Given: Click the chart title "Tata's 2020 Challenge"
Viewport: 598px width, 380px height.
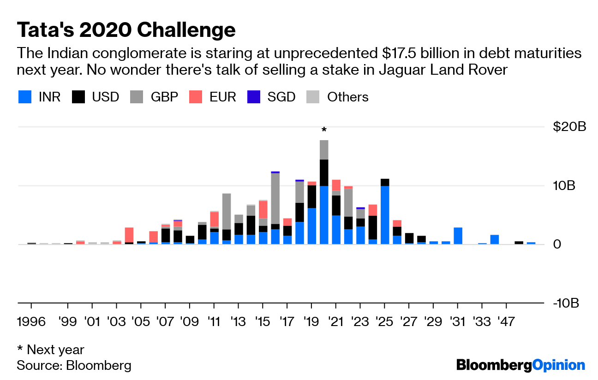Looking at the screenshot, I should coord(126,30).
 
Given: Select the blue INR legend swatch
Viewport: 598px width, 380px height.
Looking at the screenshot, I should coord(25,97).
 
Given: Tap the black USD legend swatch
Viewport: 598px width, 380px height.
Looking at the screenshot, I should coord(78,97).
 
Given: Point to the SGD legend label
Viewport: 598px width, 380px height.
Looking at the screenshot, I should coord(281,97).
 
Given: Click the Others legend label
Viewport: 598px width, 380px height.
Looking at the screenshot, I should coord(347,97).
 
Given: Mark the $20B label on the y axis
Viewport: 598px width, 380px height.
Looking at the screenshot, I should coord(569,126).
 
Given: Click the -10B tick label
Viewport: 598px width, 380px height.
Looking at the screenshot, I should coord(566,303).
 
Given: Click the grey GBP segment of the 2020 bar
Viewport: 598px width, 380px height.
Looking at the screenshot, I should coord(324,149).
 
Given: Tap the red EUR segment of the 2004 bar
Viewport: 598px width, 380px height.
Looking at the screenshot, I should coord(129,235).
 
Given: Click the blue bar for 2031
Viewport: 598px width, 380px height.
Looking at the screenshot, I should coord(458,236).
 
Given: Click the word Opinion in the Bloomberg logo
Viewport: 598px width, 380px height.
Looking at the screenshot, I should coord(558,365).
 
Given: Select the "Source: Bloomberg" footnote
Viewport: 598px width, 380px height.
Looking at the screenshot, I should coord(74,366).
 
